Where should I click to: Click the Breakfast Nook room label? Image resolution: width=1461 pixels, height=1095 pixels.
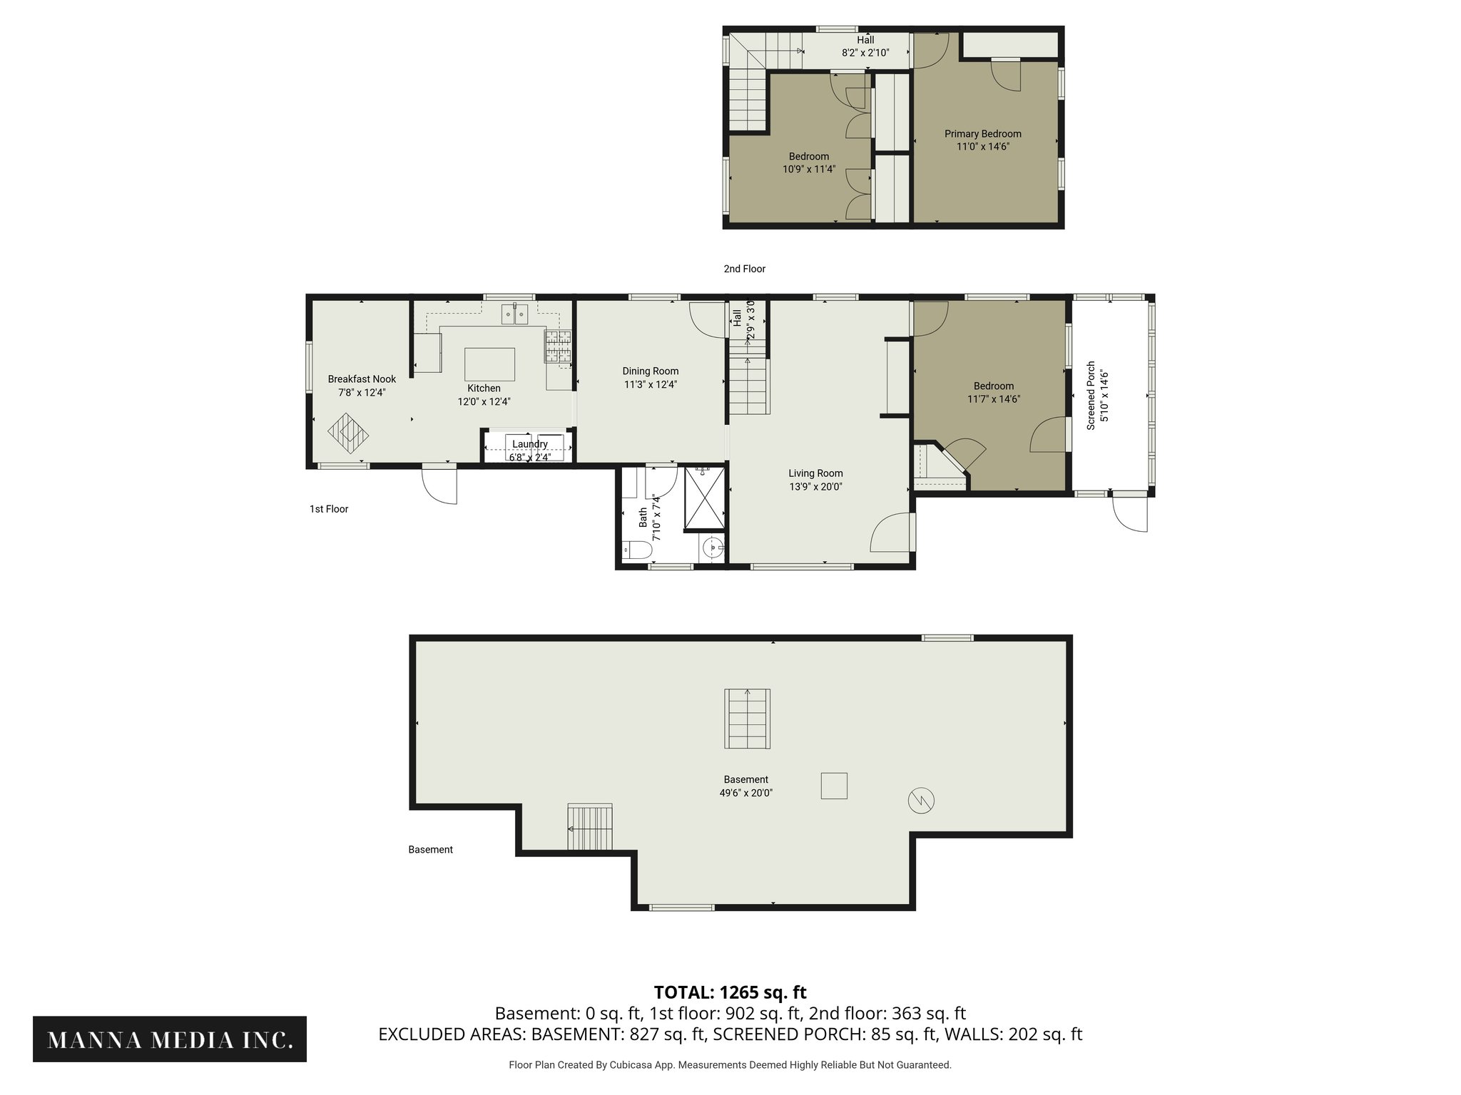362,379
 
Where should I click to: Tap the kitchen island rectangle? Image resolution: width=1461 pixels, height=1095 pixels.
489,364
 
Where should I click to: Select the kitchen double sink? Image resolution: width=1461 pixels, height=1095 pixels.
514,314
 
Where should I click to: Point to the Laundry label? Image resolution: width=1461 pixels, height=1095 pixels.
529,444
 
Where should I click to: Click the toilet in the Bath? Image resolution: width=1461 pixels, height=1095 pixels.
637,550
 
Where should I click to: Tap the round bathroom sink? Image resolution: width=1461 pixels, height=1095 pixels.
712,548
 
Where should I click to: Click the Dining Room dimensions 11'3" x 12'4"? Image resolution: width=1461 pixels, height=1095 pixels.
650,384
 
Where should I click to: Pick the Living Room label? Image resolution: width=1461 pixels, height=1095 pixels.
815,473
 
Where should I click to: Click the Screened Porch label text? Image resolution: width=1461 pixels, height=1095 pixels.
1091,396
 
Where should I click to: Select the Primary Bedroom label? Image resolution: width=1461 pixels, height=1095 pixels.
982,134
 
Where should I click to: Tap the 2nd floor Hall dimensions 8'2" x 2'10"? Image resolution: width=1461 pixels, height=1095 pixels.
865,53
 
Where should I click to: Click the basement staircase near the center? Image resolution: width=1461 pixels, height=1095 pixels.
747,718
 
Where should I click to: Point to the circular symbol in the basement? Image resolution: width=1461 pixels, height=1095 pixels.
921,800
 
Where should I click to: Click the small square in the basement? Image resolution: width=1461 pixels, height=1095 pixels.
834,786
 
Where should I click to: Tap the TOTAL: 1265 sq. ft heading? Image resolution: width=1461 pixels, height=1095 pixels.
730,992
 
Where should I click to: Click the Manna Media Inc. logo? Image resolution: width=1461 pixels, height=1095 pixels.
170,1039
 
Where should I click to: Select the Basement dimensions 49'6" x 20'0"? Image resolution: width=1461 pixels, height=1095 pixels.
745,793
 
